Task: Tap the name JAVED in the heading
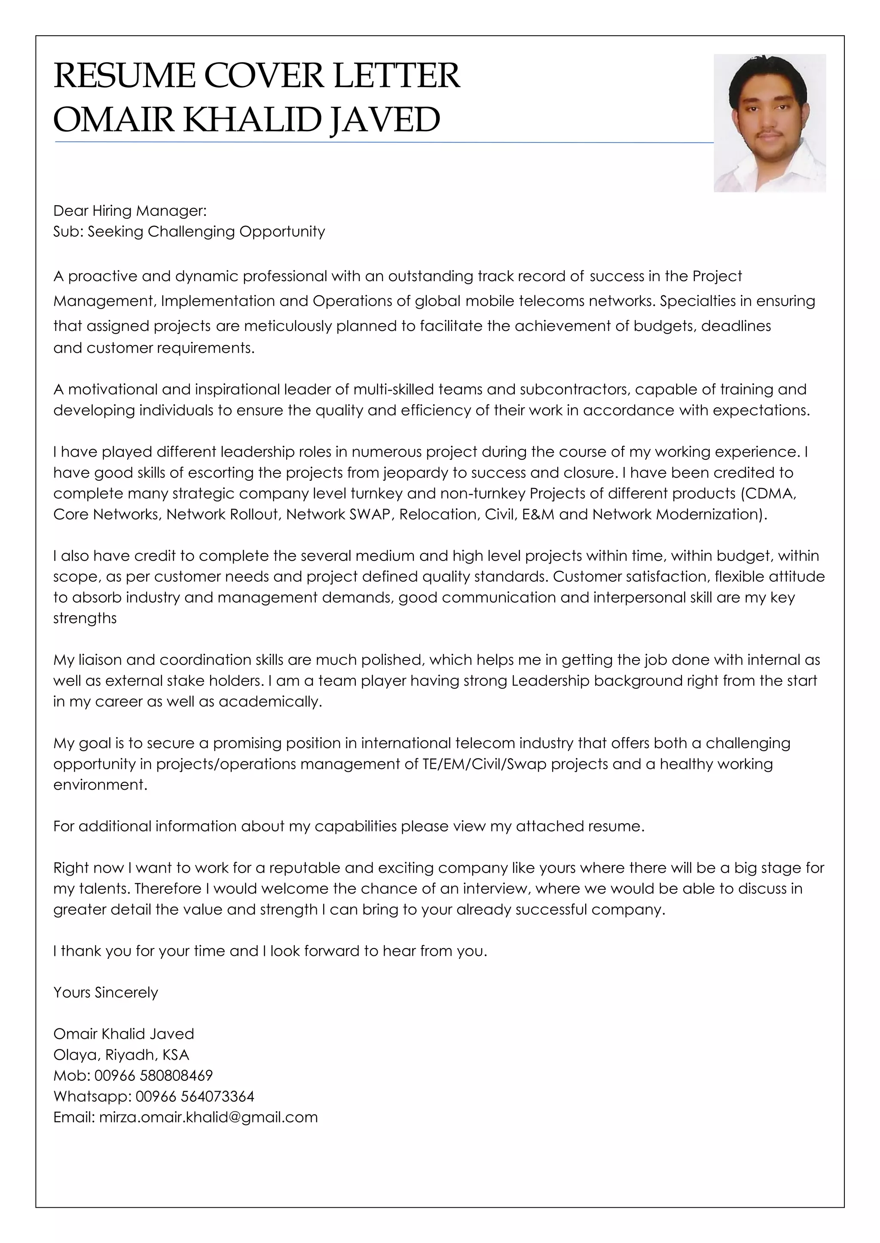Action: [x=385, y=120]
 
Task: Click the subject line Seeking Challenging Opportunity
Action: [x=206, y=232]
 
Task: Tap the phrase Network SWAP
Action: [x=338, y=514]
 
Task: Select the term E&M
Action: [x=538, y=514]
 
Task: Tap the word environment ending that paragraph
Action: [x=100, y=785]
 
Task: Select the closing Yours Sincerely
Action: [x=106, y=992]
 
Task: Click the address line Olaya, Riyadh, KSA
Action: [x=121, y=1055]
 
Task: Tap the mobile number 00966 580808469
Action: [x=153, y=1075]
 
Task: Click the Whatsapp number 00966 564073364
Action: [x=195, y=1096]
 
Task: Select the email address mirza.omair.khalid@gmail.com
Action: [x=208, y=1117]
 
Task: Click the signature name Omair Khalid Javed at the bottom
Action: [x=124, y=1034]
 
